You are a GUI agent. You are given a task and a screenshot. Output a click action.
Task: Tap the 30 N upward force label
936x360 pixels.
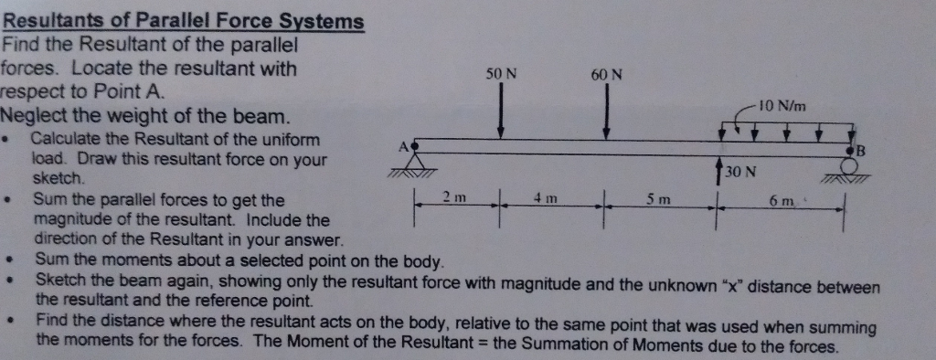click(x=739, y=173)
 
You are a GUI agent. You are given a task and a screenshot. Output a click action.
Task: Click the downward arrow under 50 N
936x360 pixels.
click(x=501, y=114)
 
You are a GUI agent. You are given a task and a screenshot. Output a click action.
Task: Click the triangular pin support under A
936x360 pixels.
click(x=417, y=165)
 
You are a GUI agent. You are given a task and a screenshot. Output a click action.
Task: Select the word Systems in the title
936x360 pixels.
click(x=324, y=22)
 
